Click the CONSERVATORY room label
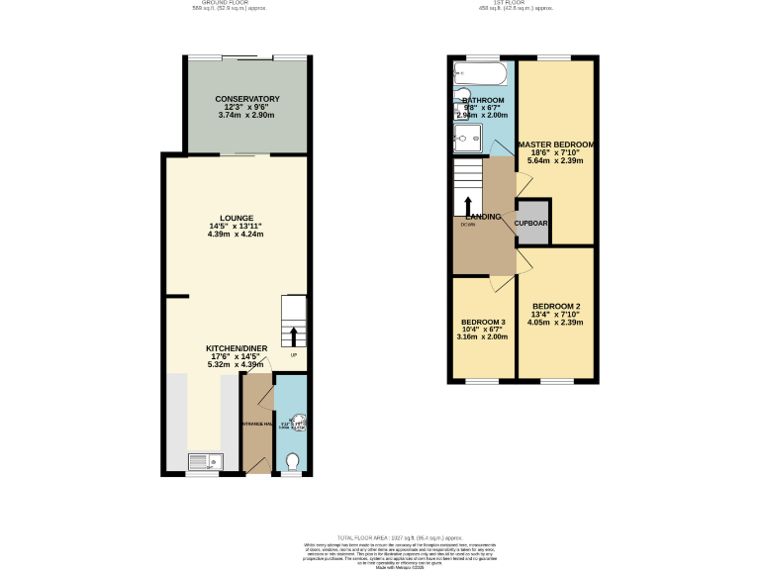(246, 99)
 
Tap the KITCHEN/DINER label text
(237, 348)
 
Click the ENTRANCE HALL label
(256, 425)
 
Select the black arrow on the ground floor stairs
(294, 335)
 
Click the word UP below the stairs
(294, 355)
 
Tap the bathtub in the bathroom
(480, 73)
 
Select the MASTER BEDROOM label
(556, 144)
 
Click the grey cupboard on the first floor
(531, 222)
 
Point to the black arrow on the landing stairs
(468, 204)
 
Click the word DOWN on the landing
(468, 225)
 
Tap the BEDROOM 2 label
(555, 306)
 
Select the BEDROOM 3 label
(483, 322)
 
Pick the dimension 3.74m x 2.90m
(246, 116)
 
